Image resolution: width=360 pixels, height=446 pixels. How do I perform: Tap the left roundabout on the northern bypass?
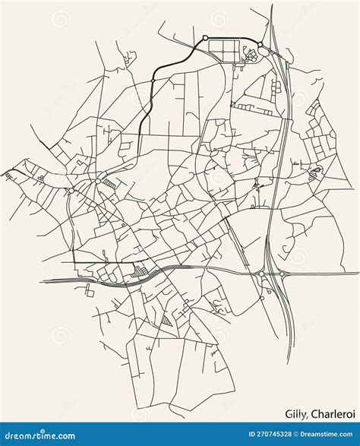tap(205, 39)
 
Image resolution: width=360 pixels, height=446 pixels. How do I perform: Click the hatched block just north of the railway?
tap(139, 270)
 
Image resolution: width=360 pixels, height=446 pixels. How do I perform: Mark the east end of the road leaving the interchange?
tap(358, 274)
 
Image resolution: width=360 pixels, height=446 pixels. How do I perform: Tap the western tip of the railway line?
tap(43, 281)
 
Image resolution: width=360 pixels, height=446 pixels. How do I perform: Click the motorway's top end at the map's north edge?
tap(271, 6)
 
